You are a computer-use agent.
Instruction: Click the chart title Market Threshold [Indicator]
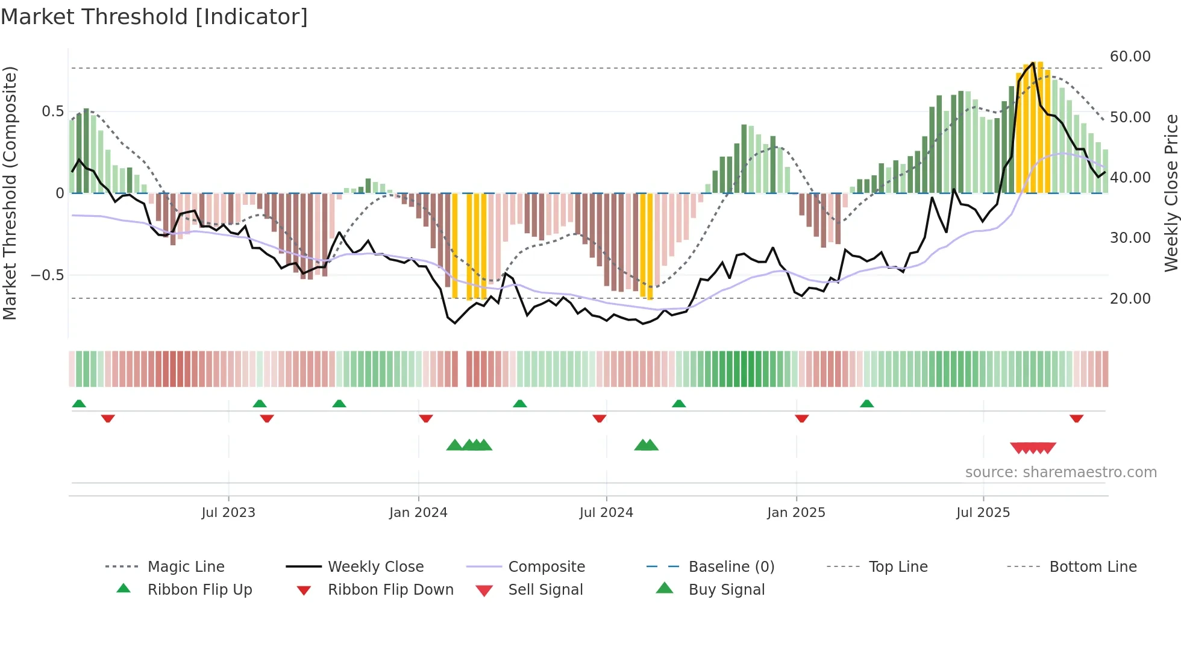[154, 17]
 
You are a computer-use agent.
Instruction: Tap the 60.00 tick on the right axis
[1130, 57]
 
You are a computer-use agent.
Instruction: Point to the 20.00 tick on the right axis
[1130, 299]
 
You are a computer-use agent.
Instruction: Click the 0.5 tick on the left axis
[52, 111]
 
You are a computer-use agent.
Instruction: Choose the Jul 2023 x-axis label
[228, 513]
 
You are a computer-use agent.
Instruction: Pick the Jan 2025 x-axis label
[796, 513]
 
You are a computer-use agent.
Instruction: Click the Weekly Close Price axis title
[1171, 193]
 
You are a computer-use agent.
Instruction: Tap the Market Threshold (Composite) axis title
[10, 193]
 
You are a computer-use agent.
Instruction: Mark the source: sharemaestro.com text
[1060, 472]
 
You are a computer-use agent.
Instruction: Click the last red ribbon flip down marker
[1077, 418]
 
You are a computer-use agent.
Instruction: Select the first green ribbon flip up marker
[79, 404]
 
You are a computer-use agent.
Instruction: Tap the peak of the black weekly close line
[1033, 63]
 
